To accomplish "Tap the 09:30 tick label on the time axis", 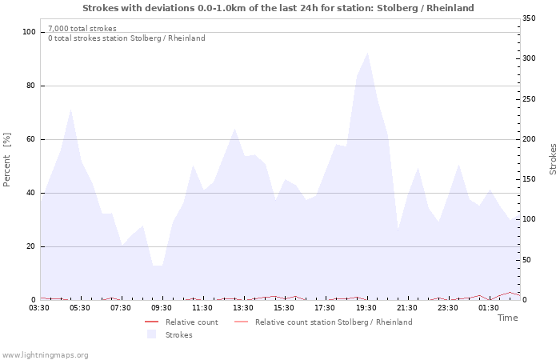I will pos(162,308).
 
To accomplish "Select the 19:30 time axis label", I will pos(366,308).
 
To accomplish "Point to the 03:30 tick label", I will pos(39,308).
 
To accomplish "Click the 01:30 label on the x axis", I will pos(489,308).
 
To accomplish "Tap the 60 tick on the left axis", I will pos(31,139).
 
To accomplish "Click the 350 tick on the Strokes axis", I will pos(529,18).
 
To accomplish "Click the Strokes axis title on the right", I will pos(553,159).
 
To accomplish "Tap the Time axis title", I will pos(507,318).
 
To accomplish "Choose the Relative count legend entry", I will pos(191,322).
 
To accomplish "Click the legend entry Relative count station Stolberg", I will pos(334,322).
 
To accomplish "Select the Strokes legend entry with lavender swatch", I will pos(178,334).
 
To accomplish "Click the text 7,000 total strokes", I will pos(82,29).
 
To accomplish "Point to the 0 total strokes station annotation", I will pos(126,38).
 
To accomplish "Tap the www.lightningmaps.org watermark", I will pos(45,354).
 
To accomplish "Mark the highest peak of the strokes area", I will pos(367,53).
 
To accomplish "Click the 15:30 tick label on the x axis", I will pos(285,308).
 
